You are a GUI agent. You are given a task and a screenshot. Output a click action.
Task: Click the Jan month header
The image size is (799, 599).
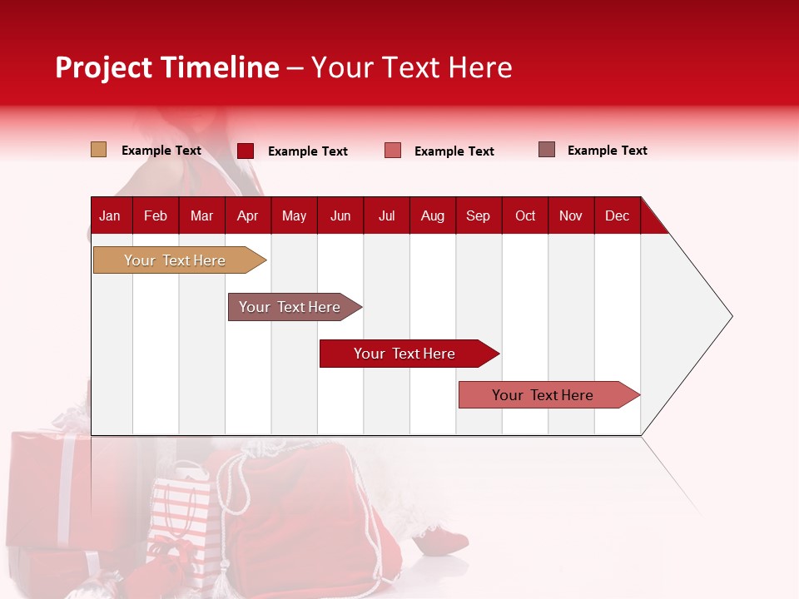[110, 215]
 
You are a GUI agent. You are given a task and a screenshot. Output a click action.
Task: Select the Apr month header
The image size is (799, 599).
[247, 215]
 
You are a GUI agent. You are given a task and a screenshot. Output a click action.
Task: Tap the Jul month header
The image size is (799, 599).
[386, 215]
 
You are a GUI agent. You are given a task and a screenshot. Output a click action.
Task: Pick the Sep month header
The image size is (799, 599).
[478, 215]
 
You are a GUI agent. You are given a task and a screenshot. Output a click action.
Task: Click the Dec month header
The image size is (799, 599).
[617, 215]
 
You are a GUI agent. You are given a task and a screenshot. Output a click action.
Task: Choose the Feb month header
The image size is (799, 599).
[156, 215]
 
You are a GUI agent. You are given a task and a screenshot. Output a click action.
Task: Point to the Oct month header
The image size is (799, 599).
[525, 215]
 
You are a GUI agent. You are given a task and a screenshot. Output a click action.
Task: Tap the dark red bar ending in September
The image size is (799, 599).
[405, 354]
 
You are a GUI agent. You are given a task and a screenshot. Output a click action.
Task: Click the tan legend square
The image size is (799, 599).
[98, 150]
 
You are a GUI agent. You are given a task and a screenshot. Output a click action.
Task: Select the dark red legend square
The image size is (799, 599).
[245, 151]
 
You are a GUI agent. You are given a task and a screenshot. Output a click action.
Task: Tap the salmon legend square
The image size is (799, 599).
[393, 151]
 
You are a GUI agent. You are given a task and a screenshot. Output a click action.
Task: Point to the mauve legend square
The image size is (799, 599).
[547, 150]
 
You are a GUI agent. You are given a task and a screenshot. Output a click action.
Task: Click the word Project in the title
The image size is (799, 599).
[104, 67]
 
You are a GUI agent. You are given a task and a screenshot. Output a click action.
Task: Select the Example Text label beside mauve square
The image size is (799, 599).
[607, 151]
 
